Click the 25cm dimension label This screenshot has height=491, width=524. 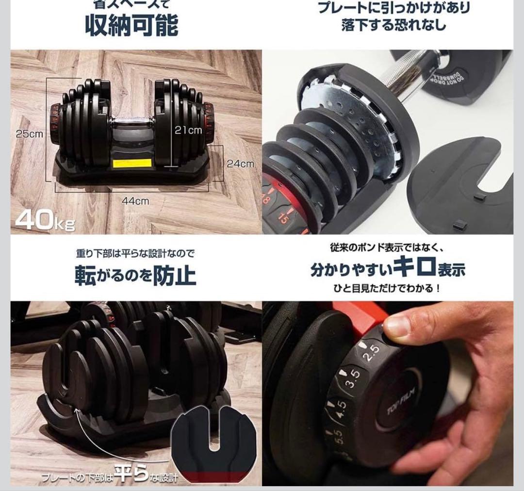(30, 133)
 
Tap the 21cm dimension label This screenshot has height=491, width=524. (188, 130)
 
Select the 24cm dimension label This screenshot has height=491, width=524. (240, 164)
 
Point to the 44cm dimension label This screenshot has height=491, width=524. (135, 201)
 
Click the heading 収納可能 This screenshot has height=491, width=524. (131, 25)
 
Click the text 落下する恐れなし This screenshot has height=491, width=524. (393, 25)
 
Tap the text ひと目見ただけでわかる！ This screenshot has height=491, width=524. (388, 288)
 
